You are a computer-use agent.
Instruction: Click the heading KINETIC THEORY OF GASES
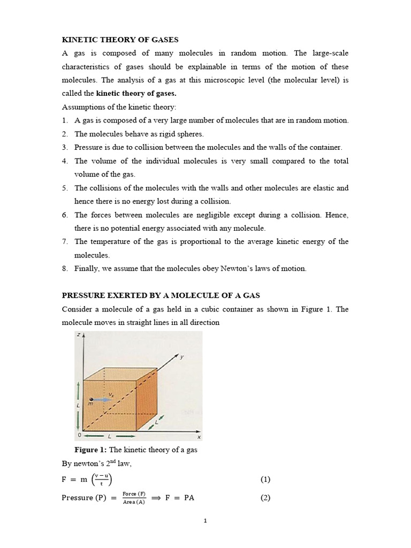[120, 40]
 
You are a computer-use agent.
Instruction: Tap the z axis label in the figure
[78, 335]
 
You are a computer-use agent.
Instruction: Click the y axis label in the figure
[181, 357]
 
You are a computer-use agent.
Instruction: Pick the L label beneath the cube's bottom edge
[110, 437]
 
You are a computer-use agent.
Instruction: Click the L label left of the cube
[78, 405]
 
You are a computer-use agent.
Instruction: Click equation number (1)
[265, 479]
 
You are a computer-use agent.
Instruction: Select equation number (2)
[265, 498]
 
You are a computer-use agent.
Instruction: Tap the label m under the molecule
[90, 405]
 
